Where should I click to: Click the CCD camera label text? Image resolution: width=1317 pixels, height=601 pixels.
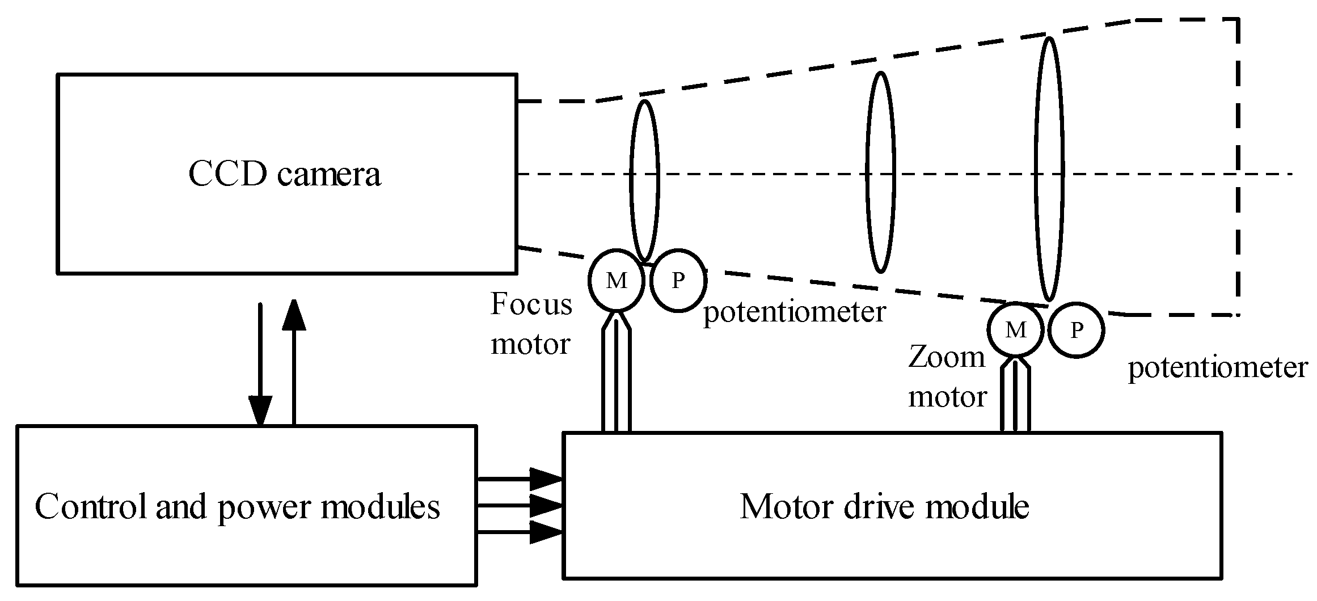point(284,174)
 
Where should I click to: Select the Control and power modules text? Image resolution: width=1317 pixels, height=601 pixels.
point(237,506)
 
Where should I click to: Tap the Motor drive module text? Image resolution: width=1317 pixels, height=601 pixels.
point(884,506)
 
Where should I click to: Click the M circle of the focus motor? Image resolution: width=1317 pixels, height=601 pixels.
point(617,281)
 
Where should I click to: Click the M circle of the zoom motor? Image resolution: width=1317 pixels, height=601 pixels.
point(1015,330)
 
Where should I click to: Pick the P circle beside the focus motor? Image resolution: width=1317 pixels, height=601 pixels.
point(678,281)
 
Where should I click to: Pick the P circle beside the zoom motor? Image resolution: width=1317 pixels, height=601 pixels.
point(1077,330)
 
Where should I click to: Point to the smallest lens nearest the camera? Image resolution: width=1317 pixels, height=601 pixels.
point(645,180)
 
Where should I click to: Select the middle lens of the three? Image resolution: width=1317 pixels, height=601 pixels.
point(880,172)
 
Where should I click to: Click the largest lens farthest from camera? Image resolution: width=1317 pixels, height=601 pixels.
point(1049,169)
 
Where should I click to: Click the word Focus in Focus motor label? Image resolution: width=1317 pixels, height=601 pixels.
point(531,304)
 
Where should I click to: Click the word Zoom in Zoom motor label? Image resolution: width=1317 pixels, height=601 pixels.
point(946,358)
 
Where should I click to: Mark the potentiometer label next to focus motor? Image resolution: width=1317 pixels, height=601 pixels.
point(794,312)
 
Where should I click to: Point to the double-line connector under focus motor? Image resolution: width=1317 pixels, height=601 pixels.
point(616,380)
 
